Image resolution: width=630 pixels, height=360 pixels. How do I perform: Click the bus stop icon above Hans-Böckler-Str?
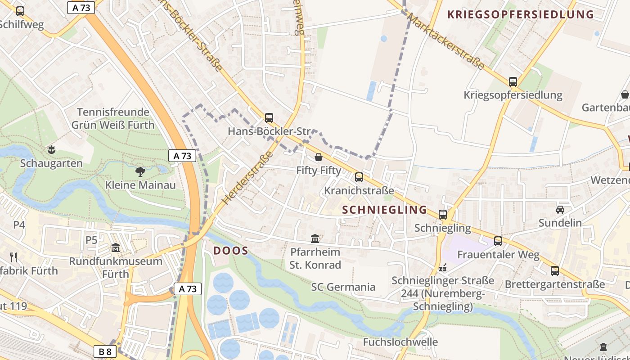269,118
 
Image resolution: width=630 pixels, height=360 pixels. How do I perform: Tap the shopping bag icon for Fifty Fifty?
319,157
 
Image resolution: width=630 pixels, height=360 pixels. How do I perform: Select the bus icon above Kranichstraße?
359,177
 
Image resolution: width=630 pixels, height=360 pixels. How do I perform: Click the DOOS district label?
231,251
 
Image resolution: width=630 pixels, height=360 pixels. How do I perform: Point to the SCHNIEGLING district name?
384,210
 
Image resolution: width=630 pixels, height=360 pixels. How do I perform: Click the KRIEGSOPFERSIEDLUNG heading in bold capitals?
521,14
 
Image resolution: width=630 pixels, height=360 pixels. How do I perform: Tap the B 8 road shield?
105,351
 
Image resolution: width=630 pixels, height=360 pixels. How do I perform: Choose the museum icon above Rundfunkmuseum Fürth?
116,247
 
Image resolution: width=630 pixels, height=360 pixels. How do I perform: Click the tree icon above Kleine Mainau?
140,171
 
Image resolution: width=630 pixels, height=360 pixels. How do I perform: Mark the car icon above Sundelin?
560,209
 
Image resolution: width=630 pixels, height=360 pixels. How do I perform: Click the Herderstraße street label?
248,177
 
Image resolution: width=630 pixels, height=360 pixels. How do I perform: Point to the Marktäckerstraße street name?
445,41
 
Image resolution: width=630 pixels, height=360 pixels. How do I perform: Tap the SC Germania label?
343,287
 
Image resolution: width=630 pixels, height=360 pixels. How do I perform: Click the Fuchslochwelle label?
400,342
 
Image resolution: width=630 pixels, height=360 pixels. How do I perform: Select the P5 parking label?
91,240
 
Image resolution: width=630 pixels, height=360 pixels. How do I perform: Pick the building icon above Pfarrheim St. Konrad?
315,238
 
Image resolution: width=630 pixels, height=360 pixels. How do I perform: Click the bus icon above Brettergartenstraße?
555,270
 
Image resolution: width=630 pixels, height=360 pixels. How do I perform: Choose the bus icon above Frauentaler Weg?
498,241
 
